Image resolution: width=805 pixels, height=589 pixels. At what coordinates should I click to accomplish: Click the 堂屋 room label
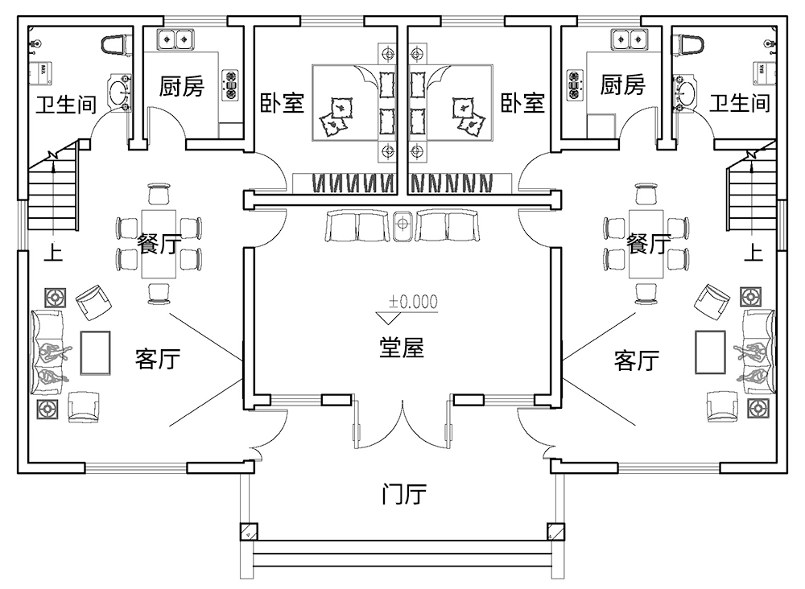(402, 348)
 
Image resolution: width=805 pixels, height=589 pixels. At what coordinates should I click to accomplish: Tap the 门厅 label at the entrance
(402, 494)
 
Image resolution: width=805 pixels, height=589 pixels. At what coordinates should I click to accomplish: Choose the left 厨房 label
(181, 86)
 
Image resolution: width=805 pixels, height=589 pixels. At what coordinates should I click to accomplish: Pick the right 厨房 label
(622, 84)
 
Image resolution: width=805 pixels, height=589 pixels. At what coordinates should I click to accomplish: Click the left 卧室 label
(282, 103)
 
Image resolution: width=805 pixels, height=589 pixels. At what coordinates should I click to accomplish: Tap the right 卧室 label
(522, 103)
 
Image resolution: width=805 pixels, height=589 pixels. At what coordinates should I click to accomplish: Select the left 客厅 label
(158, 359)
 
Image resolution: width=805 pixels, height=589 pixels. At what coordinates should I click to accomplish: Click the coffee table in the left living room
(96, 352)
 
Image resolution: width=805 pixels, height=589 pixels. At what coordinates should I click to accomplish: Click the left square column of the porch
(248, 532)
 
